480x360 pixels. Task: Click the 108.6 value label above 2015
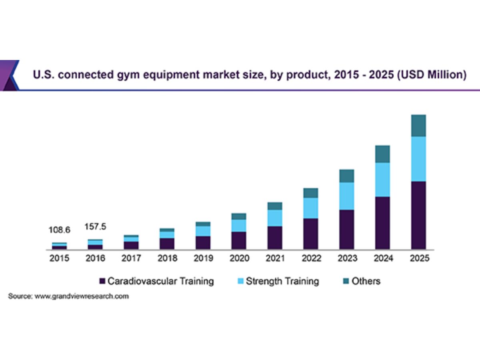tap(59, 230)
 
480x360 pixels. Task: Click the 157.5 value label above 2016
tap(95, 227)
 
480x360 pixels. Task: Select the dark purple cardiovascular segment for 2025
tap(418, 215)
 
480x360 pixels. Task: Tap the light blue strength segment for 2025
tap(418, 159)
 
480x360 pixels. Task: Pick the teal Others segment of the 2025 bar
tap(418, 126)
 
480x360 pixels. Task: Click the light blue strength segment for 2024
tap(382, 180)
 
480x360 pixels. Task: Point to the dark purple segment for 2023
tap(346, 229)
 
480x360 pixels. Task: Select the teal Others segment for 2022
tap(311, 193)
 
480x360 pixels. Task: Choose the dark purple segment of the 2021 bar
tap(275, 238)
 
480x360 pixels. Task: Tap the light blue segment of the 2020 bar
tap(239, 226)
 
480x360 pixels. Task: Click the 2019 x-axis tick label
tap(203, 258)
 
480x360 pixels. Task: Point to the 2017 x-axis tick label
tap(131, 258)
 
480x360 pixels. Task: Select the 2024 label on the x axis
tap(382, 258)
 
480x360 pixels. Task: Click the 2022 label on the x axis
tap(311, 258)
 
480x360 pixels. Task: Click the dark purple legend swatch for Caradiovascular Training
tap(102, 281)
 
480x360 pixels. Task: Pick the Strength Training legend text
tap(282, 281)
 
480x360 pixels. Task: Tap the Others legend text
tap(366, 281)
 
